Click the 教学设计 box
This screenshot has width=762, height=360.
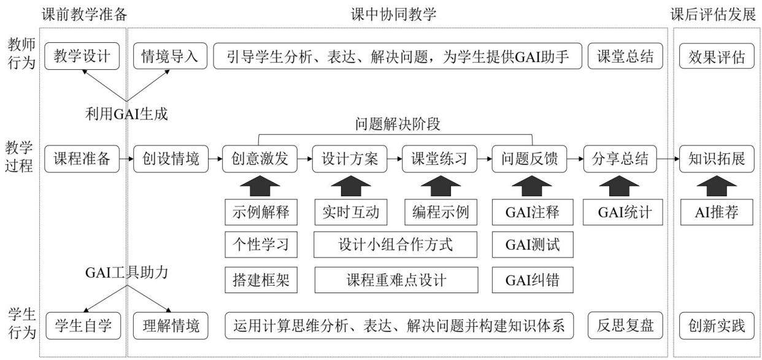pyautogui.click(x=82, y=56)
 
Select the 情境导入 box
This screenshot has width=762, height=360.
pyautogui.click(x=170, y=56)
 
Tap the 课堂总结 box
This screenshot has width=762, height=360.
pyautogui.click(x=625, y=56)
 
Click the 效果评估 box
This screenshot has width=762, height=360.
pyautogui.click(x=717, y=56)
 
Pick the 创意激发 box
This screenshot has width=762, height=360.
pyautogui.click(x=260, y=159)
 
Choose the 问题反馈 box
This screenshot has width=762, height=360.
pyautogui.click(x=529, y=159)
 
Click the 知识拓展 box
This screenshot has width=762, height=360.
pyautogui.click(x=717, y=159)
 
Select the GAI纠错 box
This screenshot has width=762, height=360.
pyautogui.click(x=533, y=280)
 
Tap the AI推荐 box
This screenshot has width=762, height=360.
pyautogui.click(x=717, y=212)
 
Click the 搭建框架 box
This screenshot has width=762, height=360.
pyautogui.click(x=261, y=280)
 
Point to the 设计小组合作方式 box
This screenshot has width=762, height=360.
pyautogui.click(x=395, y=245)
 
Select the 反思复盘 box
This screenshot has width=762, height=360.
pyautogui.click(x=625, y=326)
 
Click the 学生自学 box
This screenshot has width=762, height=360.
pyautogui.click(x=83, y=326)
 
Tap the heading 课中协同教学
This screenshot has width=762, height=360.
pyautogui.click(x=394, y=15)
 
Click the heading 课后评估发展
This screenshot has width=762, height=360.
pyautogui.click(x=713, y=15)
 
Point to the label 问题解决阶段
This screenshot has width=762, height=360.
pyautogui.click(x=398, y=124)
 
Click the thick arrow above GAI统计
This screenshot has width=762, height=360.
pyautogui.click(x=619, y=186)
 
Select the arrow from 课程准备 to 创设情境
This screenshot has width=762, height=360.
pyautogui.click(x=126, y=159)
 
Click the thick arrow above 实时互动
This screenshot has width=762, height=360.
pyautogui.click(x=351, y=186)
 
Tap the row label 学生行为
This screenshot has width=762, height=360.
pyautogui.click(x=21, y=324)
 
